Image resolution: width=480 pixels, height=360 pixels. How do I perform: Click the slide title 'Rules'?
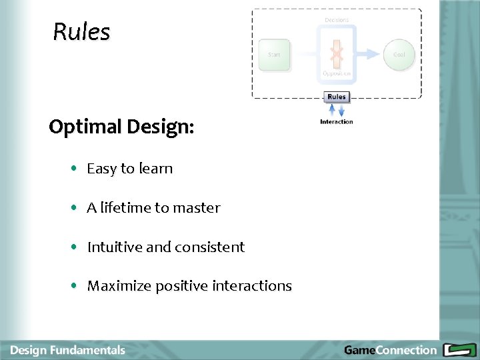click(x=81, y=32)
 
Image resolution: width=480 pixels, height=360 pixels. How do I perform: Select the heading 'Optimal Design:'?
click(x=121, y=127)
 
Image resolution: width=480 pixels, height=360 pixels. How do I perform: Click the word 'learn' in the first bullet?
click(x=155, y=169)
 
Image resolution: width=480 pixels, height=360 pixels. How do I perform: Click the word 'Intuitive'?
click(x=115, y=247)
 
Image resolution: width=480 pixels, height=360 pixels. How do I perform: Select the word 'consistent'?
click(x=210, y=247)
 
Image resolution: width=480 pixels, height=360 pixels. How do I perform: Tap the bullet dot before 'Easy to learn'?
click(x=75, y=169)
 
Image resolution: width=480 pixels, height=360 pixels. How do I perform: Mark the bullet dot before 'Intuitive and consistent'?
click(x=75, y=247)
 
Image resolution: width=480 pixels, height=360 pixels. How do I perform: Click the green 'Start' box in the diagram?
click(x=274, y=55)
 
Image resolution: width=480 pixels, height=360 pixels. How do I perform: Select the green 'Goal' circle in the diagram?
click(x=399, y=55)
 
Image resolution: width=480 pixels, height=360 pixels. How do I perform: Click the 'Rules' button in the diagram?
click(x=337, y=97)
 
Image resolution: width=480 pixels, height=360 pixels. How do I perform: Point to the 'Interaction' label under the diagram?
click(x=337, y=122)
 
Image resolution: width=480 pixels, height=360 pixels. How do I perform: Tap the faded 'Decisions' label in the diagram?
click(x=337, y=21)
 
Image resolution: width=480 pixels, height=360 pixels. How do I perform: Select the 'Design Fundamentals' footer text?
click(x=67, y=350)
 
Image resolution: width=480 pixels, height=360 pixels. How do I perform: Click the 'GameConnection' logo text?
click(x=390, y=350)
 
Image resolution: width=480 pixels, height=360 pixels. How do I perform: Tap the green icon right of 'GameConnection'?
click(x=459, y=350)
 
